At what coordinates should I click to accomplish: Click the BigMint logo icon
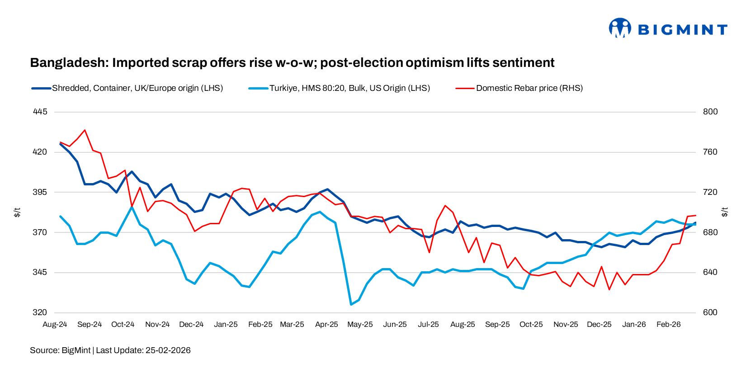[619, 28]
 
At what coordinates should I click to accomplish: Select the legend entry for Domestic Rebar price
[529, 88]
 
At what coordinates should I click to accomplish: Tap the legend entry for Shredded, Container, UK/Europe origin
[137, 88]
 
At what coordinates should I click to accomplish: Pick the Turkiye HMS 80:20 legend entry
[349, 88]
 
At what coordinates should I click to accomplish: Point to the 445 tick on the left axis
[40, 112]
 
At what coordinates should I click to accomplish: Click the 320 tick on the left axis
[40, 312]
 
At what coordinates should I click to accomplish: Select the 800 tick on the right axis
[710, 112]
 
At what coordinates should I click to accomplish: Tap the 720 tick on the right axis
[710, 192]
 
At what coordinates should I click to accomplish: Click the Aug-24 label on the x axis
[55, 325]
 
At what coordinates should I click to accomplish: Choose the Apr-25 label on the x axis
[326, 325]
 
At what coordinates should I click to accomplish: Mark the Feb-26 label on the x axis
[668, 325]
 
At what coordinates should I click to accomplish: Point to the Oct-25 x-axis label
[531, 325]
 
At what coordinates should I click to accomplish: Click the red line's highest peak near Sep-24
[85, 130]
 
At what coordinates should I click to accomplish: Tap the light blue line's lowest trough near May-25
[351, 304]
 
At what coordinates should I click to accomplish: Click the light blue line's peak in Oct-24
[132, 207]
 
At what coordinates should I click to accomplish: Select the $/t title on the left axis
[17, 212]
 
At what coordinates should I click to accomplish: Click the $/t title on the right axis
[725, 212]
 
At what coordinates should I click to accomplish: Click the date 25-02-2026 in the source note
[168, 350]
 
